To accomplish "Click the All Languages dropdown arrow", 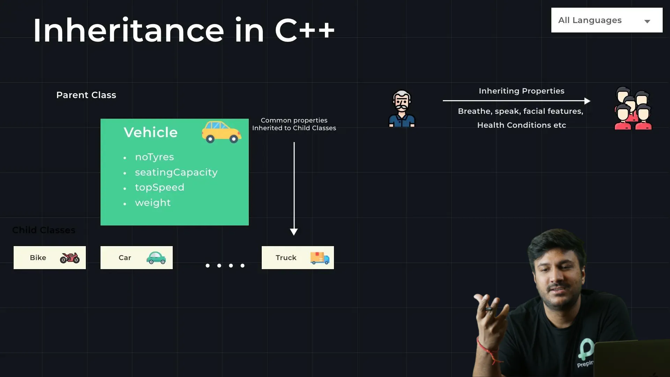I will (647, 21).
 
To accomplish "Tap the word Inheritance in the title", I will (128, 31).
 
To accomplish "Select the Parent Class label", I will (86, 95).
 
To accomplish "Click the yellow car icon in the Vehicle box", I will (221, 132).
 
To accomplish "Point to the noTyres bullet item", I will (154, 157).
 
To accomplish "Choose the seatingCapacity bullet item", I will (176, 172).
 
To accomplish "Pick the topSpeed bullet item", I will (159, 187).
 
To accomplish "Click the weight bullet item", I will (153, 203).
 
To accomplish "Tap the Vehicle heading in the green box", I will (151, 133).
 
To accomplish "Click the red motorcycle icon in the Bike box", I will (70, 258).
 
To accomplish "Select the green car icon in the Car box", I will (156, 258).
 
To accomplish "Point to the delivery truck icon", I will (320, 258).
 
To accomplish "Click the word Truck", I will (286, 258).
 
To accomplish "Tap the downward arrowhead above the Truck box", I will (294, 232).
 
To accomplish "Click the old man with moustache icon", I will (402, 109).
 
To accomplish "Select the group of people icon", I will (633, 109).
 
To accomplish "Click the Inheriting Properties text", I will (521, 91).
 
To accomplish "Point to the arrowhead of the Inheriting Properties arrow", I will (587, 101).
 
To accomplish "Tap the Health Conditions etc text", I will (521, 125).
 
